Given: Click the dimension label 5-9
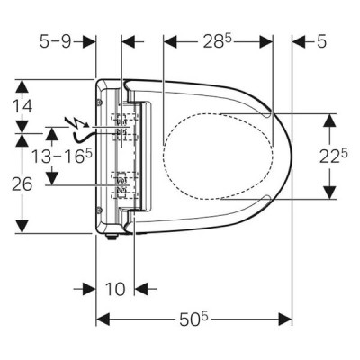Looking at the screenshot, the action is (x=56, y=41).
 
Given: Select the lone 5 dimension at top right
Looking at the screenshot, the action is (x=321, y=41).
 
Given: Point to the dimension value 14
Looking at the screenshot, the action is (x=22, y=106).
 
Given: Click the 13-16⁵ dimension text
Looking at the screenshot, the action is (x=62, y=157).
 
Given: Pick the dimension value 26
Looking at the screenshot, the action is (x=22, y=184).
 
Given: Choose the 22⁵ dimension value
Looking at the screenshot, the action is (x=333, y=157).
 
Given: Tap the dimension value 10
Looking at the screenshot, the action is (x=115, y=289).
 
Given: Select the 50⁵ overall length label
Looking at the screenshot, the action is (x=193, y=319).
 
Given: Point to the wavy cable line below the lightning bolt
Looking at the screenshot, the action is (x=83, y=138).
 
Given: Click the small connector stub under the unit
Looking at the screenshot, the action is (x=112, y=237).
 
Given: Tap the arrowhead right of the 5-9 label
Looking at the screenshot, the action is (x=89, y=41).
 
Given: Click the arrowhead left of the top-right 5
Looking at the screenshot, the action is (x=299, y=41).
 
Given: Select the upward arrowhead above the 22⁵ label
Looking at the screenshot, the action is (x=329, y=121).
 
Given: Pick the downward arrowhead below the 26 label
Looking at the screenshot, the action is (x=22, y=226).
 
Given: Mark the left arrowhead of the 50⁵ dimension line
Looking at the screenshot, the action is (x=103, y=319).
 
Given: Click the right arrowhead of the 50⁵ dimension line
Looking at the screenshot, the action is (x=285, y=319).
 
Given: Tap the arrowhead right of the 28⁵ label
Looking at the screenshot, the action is (x=266, y=41).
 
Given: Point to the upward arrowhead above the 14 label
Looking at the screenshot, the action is (x=22, y=86).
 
